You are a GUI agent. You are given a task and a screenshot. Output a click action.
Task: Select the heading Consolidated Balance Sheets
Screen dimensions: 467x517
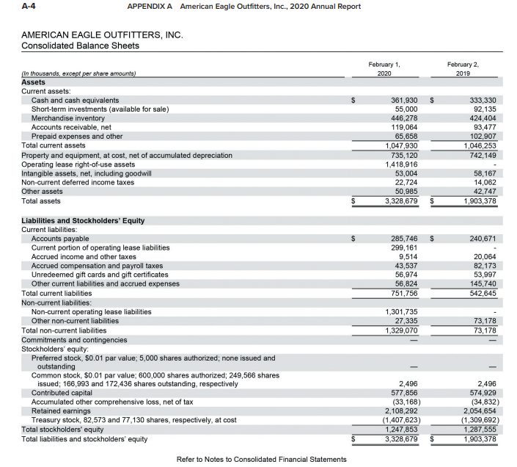click(80, 46)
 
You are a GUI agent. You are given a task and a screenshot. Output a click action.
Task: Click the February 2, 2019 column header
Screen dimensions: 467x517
click(463, 69)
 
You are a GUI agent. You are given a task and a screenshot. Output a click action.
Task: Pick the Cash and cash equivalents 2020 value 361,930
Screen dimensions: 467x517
click(402, 100)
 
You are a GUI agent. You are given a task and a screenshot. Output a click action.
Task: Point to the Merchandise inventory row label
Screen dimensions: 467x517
click(68, 117)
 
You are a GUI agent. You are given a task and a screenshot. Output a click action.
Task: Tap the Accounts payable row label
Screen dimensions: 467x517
click(60, 239)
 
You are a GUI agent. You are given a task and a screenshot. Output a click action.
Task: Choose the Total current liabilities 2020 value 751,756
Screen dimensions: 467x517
click(402, 293)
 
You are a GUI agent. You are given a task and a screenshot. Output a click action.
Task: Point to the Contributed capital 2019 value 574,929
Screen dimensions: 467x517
click(480, 393)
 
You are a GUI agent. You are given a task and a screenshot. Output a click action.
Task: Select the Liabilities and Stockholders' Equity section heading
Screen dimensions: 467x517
click(83, 220)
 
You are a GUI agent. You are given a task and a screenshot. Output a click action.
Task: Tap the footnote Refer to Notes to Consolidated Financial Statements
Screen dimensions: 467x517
click(262, 459)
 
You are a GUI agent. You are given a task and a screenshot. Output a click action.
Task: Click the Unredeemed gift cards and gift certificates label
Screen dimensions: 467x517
click(100, 275)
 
